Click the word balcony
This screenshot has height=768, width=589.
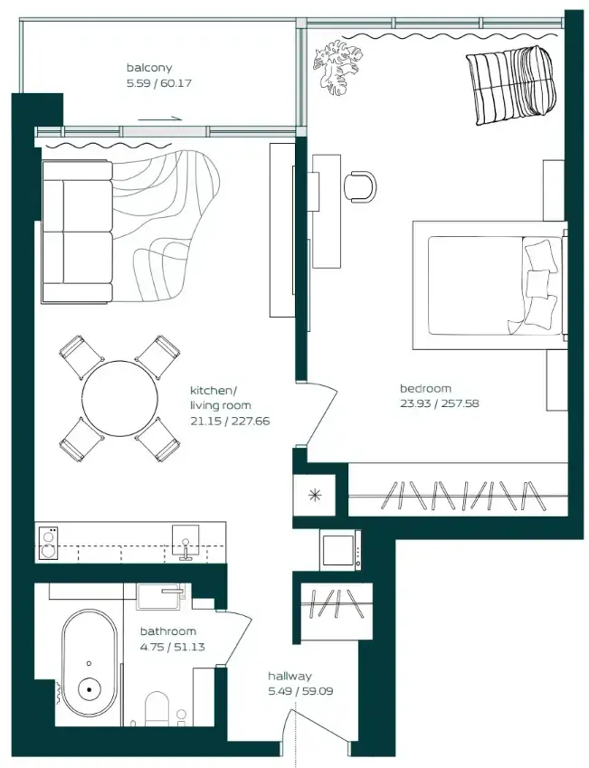[x=149, y=68]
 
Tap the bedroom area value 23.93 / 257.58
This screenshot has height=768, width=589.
[x=440, y=403]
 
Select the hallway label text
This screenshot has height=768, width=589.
[x=290, y=677]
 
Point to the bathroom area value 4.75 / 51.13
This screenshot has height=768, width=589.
[x=173, y=647]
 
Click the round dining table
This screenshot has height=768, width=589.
[x=120, y=398]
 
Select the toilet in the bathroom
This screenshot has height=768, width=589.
[x=157, y=708]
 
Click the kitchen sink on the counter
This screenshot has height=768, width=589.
[x=185, y=541]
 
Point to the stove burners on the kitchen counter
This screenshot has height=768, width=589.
[x=48, y=543]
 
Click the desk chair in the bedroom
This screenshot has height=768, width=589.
[x=361, y=186]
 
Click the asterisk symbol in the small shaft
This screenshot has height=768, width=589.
[x=314, y=495]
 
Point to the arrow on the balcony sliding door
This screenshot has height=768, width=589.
[x=160, y=119]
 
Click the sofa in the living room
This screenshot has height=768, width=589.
[x=78, y=232]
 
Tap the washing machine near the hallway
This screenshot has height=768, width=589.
[x=340, y=550]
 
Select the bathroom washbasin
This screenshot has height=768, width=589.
[x=161, y=596]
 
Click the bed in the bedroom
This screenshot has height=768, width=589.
[x=490, y=286]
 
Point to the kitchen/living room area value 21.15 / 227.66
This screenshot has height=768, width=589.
[x=230, y=421]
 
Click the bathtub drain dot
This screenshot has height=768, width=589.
[x=90, y=689]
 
